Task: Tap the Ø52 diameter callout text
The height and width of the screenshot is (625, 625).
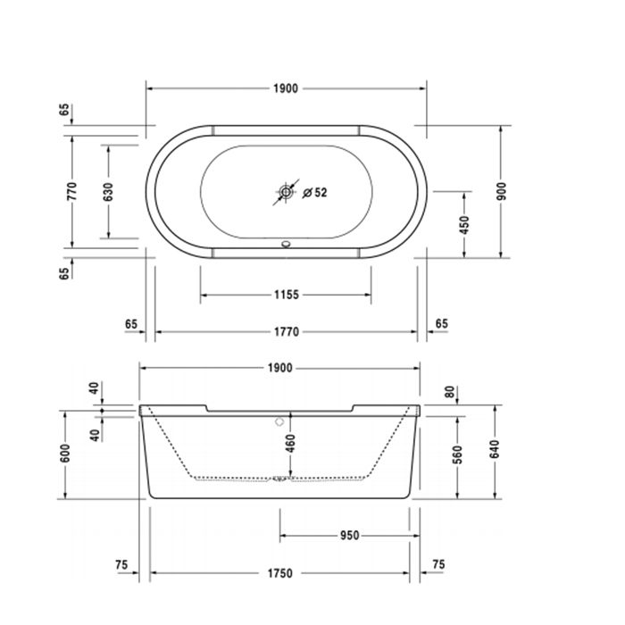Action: click(315, 192)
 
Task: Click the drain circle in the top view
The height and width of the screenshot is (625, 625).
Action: click(286, 191)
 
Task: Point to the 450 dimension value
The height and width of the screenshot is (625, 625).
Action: click(464, 224)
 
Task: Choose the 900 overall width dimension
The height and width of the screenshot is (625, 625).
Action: click(501, 191)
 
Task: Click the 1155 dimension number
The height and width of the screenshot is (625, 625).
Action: click(286, 295)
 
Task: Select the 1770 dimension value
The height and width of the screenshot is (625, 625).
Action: click(286, 331)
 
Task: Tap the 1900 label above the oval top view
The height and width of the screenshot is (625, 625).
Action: click(286, 88)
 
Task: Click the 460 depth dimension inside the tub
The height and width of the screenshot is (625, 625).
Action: click(288, 443)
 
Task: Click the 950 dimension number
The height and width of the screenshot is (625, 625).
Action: click(348, 536)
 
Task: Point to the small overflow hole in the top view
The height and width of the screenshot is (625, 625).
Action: click(286, 241)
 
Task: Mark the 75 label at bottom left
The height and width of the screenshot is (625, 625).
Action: click(122, 564)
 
